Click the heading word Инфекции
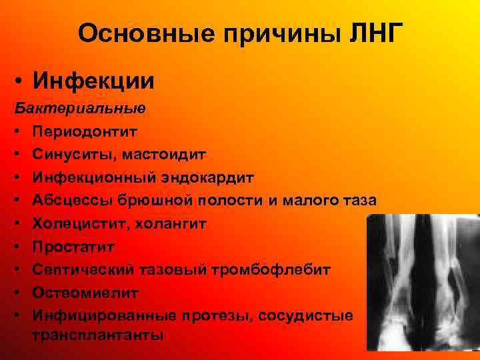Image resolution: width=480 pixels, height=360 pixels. (x=93, y=81)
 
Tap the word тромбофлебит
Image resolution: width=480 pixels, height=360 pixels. (x=224, y=269)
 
